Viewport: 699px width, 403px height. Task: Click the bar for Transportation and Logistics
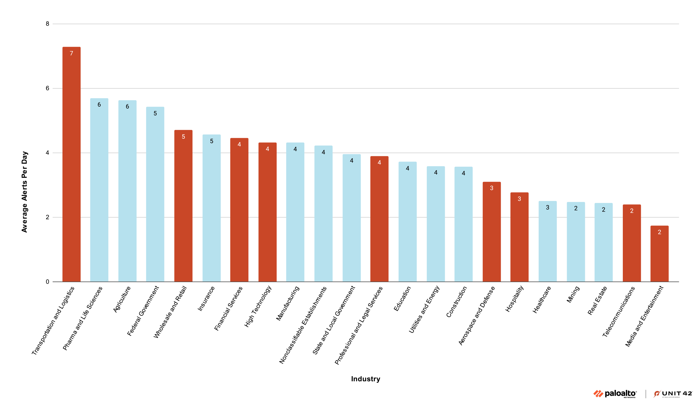(x=72, y=166)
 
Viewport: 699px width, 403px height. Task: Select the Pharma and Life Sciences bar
(x=99, y=191)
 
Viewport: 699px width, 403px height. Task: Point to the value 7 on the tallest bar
(x=72, y=53)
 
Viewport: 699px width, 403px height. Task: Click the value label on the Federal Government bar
(x=155, y=113)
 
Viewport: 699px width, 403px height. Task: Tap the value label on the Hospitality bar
(x=519, y=199)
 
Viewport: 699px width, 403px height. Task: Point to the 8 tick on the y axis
(x=47, y=24)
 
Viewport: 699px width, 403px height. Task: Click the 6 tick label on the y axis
(x=47, y=88)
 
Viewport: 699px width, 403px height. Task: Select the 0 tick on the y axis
(x=47, y=282)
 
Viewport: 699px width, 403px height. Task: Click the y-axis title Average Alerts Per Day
(x=24, y=192)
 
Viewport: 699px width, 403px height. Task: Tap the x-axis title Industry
(x=366, y=379)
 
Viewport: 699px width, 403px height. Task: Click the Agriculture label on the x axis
(x=122, y=300)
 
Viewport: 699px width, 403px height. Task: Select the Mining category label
(x=573, y=294)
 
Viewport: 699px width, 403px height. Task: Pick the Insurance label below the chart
(x=206, y=299)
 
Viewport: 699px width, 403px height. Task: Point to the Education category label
(x=402, y=299)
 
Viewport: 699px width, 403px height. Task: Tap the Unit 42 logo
(x=673, y=394)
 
